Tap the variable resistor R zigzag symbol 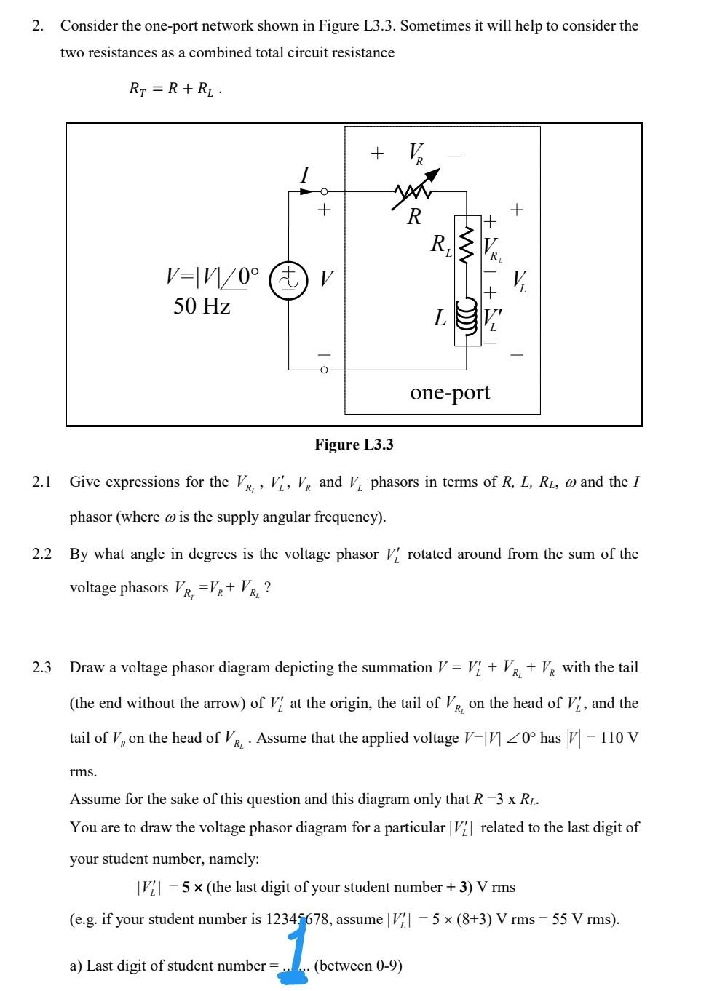[413, 191]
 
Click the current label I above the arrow [304, 175]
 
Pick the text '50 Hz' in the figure [202, 306]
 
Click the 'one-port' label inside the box [450, 392]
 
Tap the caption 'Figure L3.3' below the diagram [354, 445]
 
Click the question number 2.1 [41, 482]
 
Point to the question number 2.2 [41, 554]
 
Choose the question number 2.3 [41, 667]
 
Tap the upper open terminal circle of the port [325, 191]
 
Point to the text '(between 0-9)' [358, 966]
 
